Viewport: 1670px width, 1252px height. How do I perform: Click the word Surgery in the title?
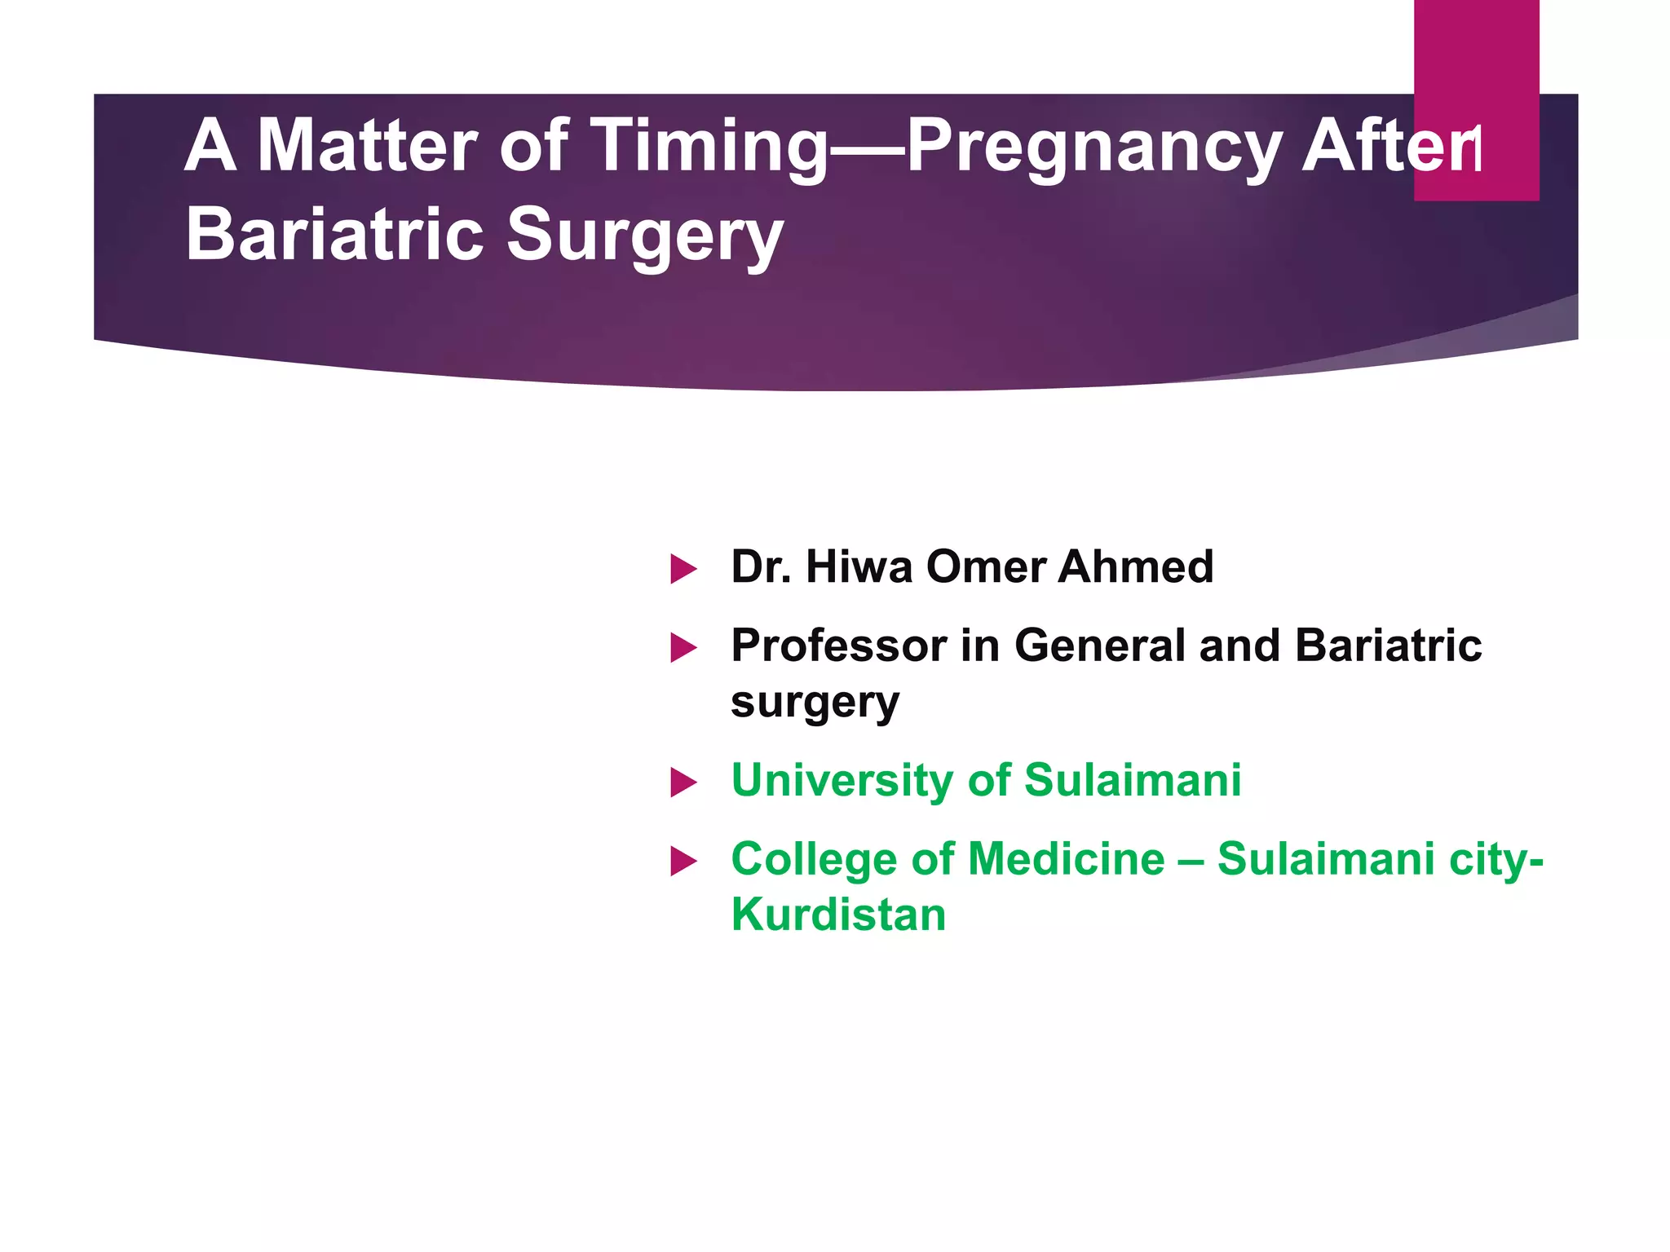(x=644, y=236)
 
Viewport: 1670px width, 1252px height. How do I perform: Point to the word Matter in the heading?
(x=367, y=147)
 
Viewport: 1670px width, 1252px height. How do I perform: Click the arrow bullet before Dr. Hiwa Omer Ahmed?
(x=683, y=569)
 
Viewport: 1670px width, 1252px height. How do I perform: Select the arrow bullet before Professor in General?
(x=683, y=648)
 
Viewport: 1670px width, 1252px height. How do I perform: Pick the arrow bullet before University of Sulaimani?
(x=683, y=782)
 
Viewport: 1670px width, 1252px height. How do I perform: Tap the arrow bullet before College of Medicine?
(x=683, y=861)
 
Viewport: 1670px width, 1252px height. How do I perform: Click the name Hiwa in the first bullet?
(x=858, y=566)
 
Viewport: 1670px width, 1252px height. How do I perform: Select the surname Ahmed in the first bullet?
(x=1135, y=566)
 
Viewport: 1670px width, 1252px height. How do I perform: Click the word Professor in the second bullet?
(x=838, y=646)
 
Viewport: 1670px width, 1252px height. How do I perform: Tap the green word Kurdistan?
(x=838, y=915)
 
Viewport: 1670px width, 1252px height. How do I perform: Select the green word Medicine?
(x=1067, y=859)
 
